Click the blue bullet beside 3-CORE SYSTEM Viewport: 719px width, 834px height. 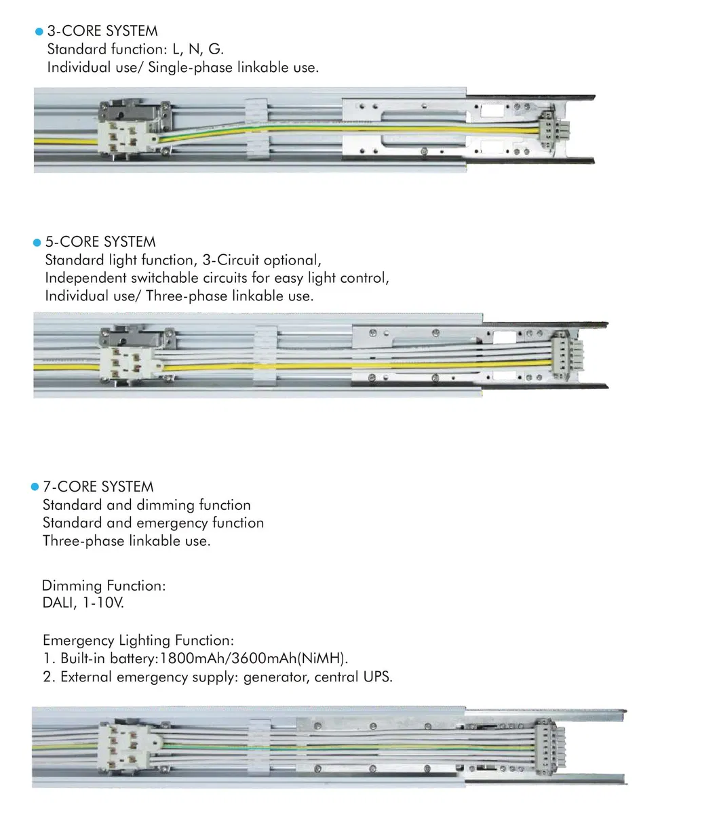click(x=39, y=32)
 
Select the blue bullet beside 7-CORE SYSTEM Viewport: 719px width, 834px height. click(x=35, y=488)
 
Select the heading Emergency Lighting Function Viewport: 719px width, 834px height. click(x=138, y=640)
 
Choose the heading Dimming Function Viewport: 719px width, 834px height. click(x=104, y=585)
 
